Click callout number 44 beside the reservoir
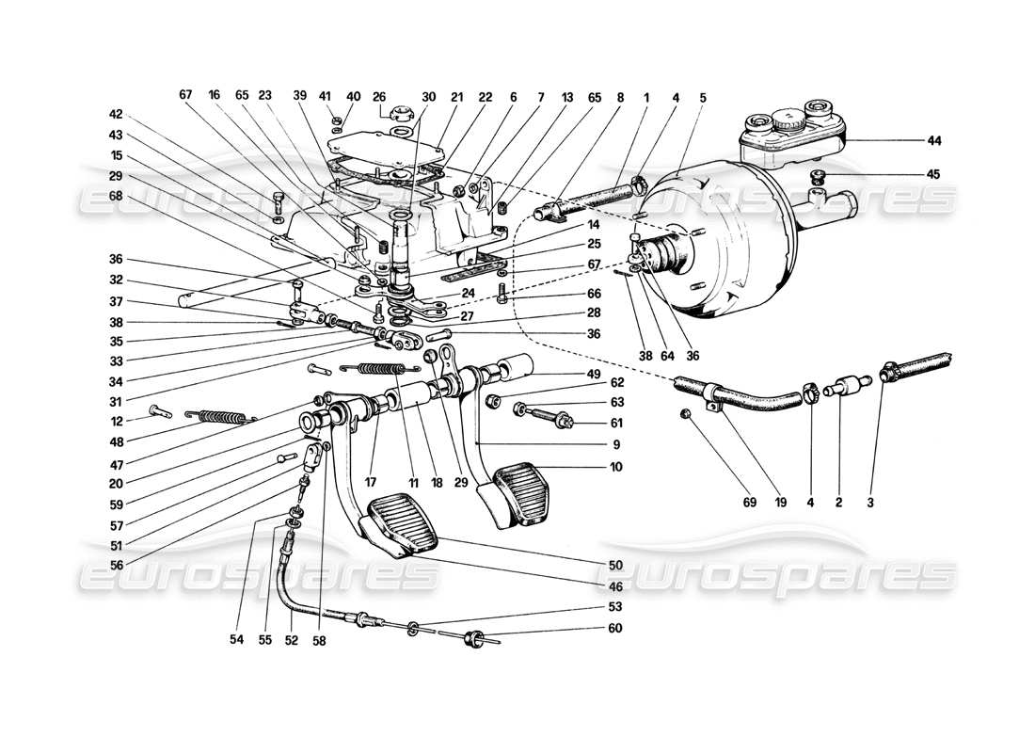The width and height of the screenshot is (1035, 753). (933, 140)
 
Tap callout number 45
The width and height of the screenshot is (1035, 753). (933, 174)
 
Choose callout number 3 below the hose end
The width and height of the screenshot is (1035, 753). (870, 504)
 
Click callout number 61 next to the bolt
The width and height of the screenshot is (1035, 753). (614, 423)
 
